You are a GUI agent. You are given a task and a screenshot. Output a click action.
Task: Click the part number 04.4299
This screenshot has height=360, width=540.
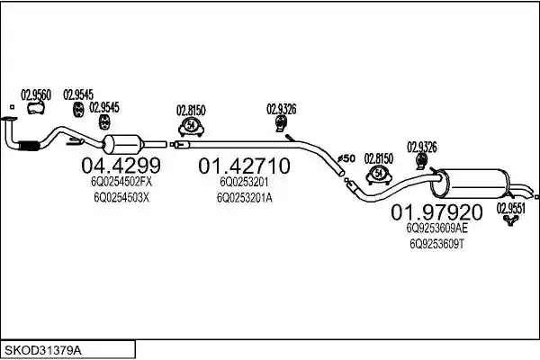point(121,166)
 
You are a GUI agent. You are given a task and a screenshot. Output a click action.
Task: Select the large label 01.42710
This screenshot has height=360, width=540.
point(244,166)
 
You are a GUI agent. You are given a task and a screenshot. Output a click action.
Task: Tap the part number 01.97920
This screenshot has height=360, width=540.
point(436,212)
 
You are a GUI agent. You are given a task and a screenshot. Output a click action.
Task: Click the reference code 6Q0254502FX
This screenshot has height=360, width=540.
point(121,182)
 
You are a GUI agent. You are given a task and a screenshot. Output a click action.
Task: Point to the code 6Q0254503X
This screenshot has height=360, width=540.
point(121,197)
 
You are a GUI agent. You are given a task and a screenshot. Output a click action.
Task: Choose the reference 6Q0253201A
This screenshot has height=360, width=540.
point(245,198)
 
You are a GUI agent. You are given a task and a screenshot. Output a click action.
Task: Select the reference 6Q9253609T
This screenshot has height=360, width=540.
point(437,244)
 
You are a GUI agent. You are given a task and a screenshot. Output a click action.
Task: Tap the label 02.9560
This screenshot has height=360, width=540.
point(36,95)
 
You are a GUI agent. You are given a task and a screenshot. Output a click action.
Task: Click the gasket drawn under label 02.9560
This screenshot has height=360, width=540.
point(36,108)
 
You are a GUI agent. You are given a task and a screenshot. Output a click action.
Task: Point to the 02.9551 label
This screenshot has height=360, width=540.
point(510,209)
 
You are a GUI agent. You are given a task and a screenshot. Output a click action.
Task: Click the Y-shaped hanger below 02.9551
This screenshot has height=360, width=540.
point(510,220)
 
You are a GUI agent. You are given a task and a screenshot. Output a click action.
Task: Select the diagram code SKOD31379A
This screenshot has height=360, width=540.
point(43,351)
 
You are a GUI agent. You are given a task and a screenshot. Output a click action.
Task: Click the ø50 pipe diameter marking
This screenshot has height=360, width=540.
point(346,158)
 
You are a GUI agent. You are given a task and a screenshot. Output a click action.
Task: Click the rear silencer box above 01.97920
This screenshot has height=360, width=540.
point(470,184)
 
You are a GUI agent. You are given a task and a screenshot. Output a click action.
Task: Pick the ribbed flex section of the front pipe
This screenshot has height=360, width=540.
point(28,146)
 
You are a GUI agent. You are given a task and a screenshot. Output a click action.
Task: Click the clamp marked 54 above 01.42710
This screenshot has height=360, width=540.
point(191,126)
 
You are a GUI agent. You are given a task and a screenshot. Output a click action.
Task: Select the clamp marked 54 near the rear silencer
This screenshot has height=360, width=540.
point(379,175)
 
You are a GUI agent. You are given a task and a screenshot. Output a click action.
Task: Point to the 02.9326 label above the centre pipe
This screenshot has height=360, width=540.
point(282,109)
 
